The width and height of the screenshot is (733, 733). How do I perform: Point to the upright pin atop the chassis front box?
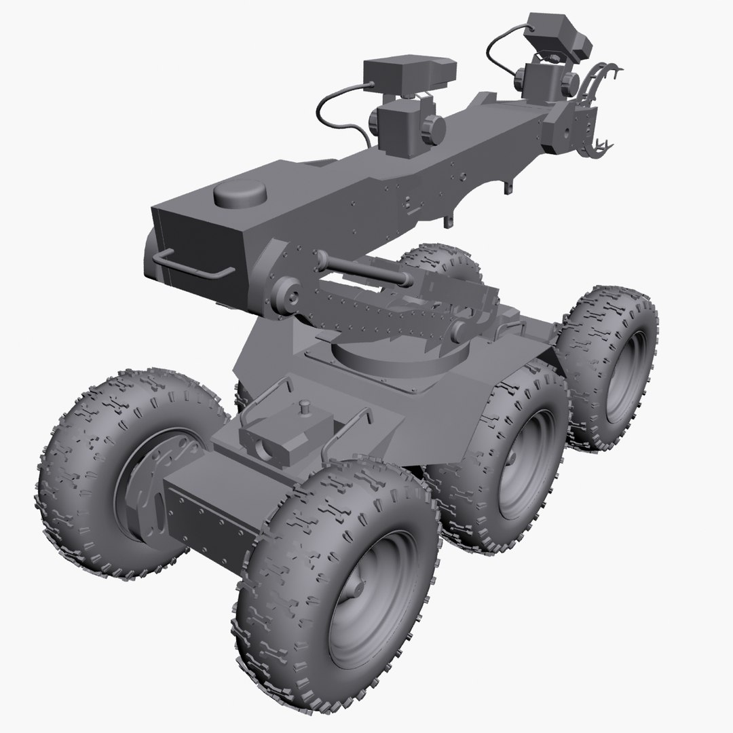(x=305, y=407)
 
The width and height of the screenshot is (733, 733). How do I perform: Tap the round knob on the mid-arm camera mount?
(x=430, y=126)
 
